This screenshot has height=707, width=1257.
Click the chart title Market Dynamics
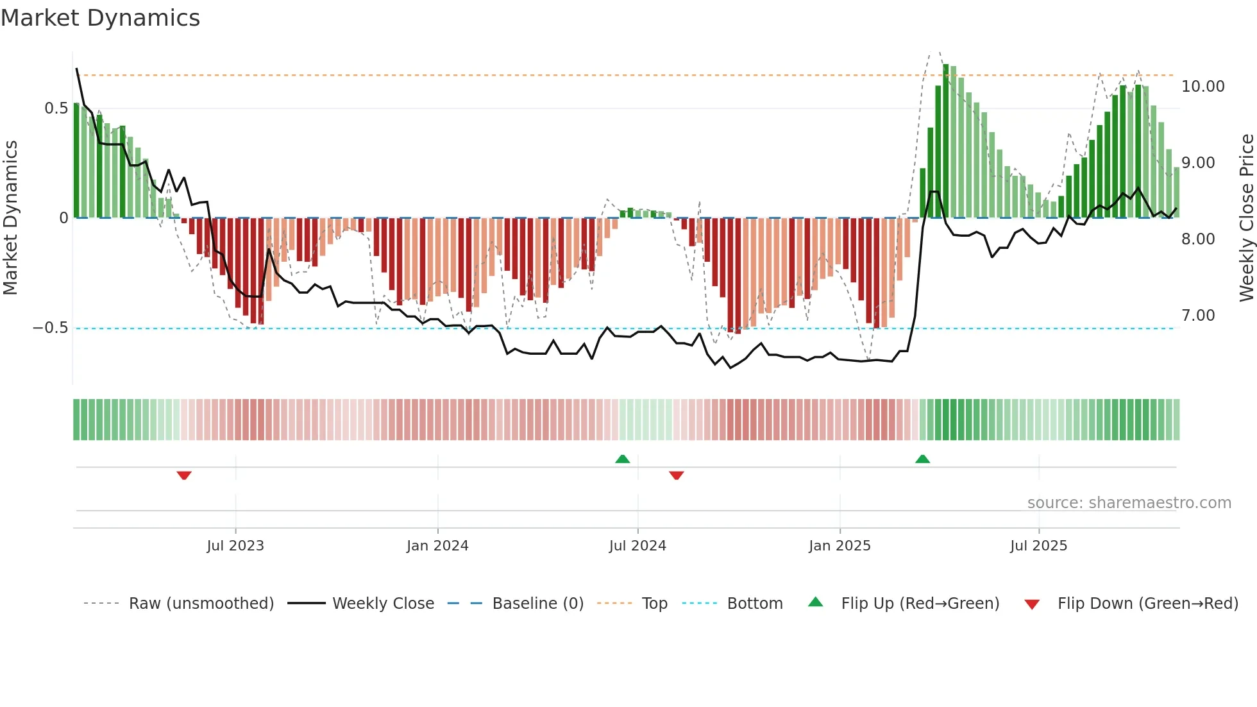pyautogui.click(x=101, y=18)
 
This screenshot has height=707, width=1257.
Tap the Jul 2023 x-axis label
pyautogui.click(x=235, y=546)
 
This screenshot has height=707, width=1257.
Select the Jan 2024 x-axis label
pyautogui.click(x=437, y=546)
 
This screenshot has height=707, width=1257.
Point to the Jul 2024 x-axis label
pyautogui.click(x=637, y=546)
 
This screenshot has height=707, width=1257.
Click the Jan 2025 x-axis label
pyautogui.click(x=839, y=546)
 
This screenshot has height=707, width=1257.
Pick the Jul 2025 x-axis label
pyautogui.click(x=1038, y=546)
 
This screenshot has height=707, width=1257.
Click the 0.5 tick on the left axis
pyautogui.click(x=56, y=108)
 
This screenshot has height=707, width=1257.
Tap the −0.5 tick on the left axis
pyautogui.click(x=51, y=328)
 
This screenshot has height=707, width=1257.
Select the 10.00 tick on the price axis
pyautogui.click(x=1202, y=87)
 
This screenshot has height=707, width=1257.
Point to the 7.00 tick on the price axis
pyautogui.click(x=1198, y=316)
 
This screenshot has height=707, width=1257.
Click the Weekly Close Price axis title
pyautogui.click(x=1246, y=217)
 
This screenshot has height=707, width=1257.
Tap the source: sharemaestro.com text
pyautogui.click(x=1129, y=503)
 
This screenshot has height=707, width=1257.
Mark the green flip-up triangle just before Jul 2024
pyautogui.click(x=622, y=459)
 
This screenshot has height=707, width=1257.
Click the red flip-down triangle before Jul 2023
pyautogui.click(x=184, y=475)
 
